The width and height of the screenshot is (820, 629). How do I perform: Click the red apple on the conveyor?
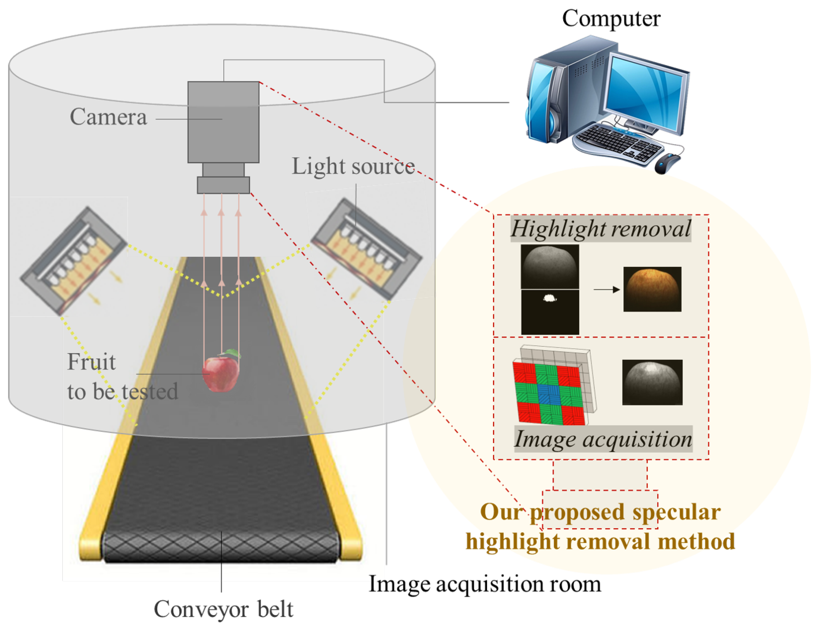pos(221,373)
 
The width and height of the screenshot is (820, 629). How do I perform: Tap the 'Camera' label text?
pos(108,117)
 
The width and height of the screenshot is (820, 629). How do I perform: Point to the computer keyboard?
pos(618,144)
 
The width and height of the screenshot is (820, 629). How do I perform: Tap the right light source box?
pos(367,249)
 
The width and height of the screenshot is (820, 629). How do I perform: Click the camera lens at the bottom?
pos(223,185)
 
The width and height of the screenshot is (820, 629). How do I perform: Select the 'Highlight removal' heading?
pos(600,228)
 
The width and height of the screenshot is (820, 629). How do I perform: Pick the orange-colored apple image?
pos(652,289)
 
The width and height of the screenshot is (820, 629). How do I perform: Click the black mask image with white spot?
pos(550,312)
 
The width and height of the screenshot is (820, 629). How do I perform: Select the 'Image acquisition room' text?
pos(485,584)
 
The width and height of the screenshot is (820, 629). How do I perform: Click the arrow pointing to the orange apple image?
pos(607,289)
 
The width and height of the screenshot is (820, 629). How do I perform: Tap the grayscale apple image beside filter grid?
pos(652,382)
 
